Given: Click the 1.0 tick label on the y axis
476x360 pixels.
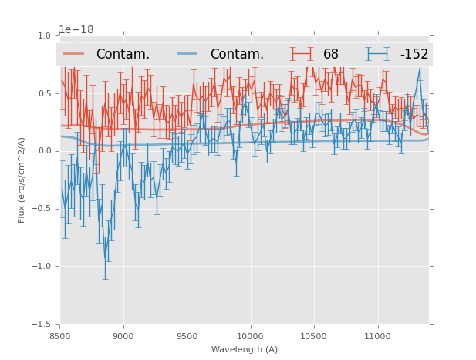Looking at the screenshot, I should pyautogui.click(x=45, y=35).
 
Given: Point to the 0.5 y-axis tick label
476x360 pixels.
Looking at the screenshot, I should pyautogui.click(x=45, y=93).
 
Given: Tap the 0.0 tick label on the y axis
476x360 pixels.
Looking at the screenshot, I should pyautogui.click(x=45, y=151).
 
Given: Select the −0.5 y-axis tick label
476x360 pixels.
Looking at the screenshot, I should pyautogui.click(x=42, y=209).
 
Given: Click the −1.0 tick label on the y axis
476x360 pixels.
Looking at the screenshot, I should pyautogui.click(x=42, y=267).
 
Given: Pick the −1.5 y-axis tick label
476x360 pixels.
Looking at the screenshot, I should pyautogui.click(x=42, y=325).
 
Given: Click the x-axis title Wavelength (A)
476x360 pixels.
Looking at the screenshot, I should pyautogui.click(x=245, y=349).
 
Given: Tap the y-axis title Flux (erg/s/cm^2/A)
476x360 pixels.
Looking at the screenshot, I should pyautogui.click(x=22, y=180).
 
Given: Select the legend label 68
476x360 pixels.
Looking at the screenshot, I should pyautogui.click(x=331, y=54).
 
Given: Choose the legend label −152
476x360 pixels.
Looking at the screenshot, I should pyautogui.click(x=414, y=54).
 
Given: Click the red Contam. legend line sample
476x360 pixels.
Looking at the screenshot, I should pyautogui.click(x=74, y=54).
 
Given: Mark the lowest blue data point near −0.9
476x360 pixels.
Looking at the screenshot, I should pyautogui.click(x=106, y=258).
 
